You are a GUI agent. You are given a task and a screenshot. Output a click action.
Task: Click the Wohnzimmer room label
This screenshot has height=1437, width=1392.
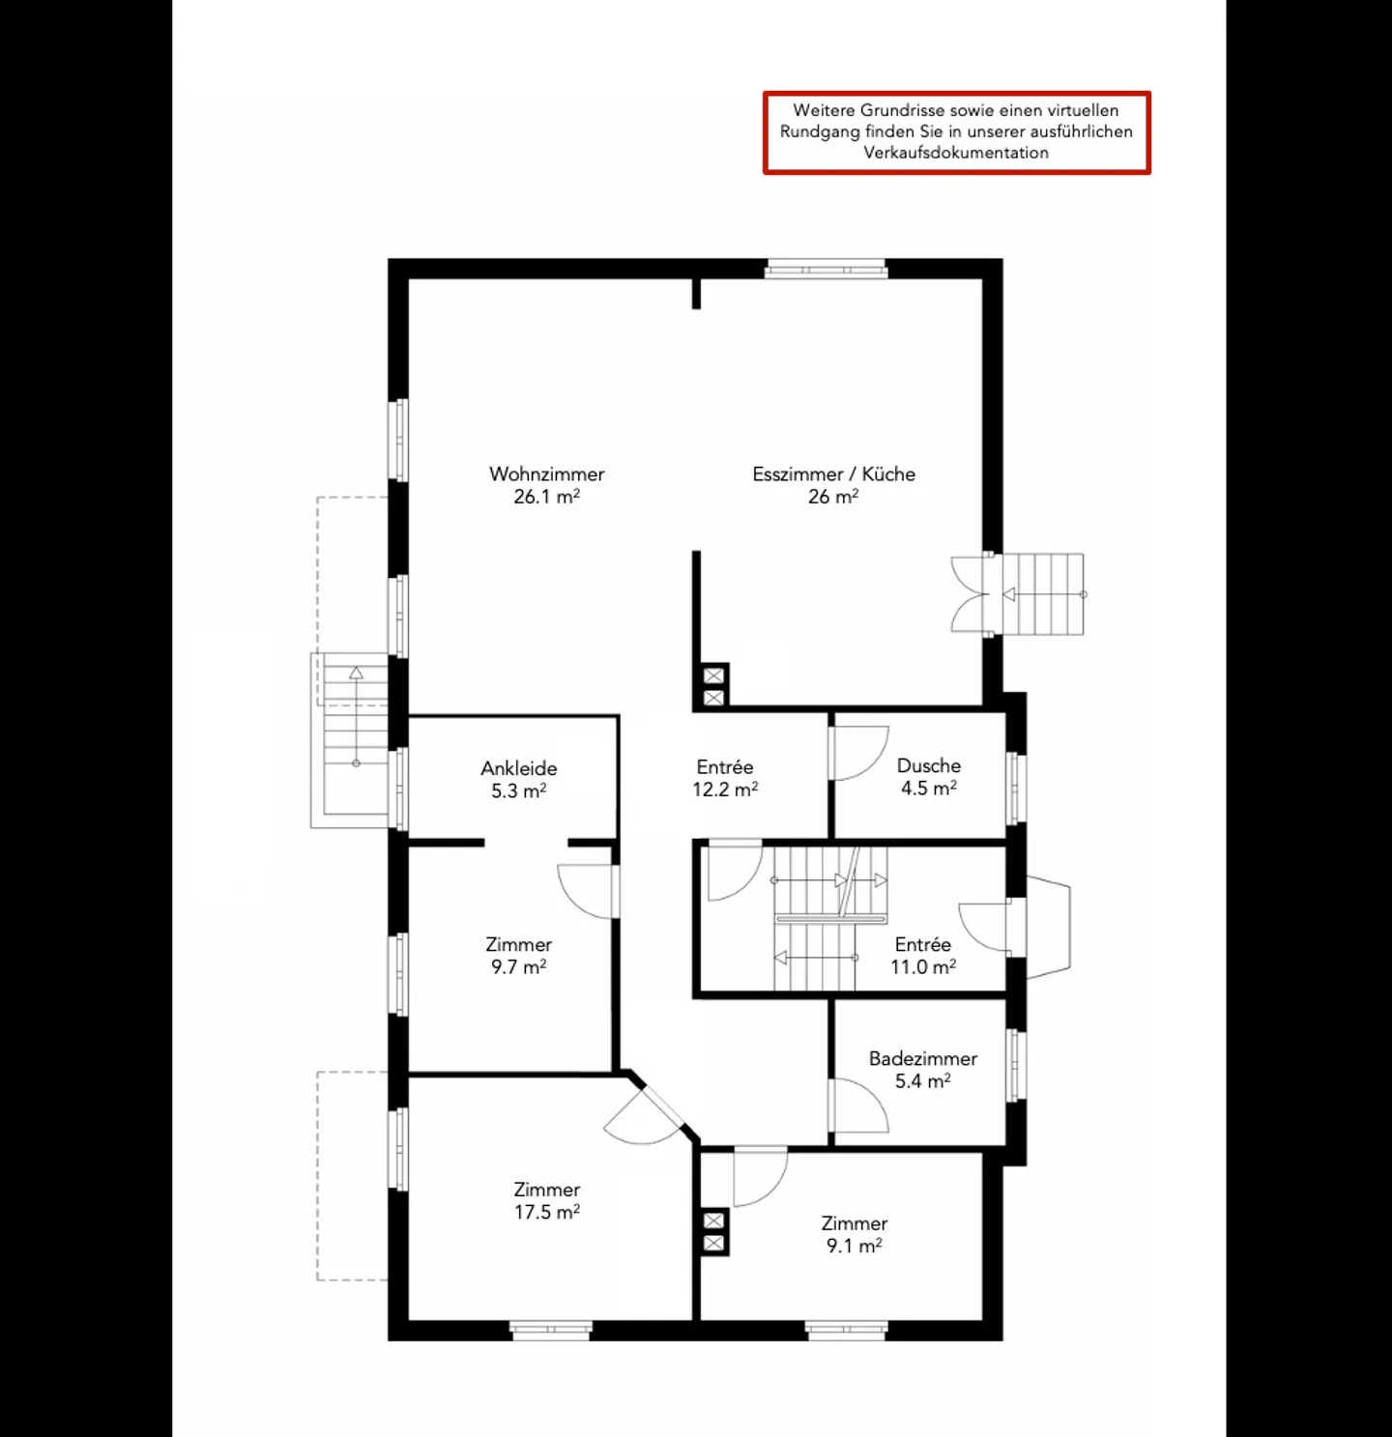(x=546, y=474)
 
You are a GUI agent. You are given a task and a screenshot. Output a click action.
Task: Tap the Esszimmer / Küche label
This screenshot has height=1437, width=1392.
(x=833, y=474)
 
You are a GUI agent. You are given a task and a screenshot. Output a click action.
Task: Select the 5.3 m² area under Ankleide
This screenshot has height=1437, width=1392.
(x=518, y=790)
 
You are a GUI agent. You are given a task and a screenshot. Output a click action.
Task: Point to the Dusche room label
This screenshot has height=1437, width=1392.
(x=928, y=765)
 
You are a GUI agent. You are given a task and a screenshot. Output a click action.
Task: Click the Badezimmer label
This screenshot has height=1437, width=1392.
(x=922, y=1058)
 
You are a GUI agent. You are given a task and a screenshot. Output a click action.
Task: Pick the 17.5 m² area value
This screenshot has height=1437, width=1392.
(x=546, y=1212)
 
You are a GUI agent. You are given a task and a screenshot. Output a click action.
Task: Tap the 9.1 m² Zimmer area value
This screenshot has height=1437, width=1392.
(x=854, y=1246)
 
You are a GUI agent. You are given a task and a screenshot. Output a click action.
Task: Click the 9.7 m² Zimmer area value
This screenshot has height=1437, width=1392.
(x=518, y=966)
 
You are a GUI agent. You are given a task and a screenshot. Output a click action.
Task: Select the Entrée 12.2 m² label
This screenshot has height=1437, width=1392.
(x=724, y=778)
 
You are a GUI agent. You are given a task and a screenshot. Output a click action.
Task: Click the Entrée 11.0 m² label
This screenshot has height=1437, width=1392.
(x=923, y=955)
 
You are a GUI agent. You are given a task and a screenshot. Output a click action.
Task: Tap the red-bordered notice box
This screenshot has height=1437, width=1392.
(x=956, y=132)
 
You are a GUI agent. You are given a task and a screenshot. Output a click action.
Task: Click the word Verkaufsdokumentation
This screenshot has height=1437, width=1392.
(x=955, y=153)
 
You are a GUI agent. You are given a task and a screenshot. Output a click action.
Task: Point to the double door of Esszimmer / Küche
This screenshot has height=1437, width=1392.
(x=971, y=594)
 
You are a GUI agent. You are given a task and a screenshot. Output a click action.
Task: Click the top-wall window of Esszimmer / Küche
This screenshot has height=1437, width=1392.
(x=826, y=269)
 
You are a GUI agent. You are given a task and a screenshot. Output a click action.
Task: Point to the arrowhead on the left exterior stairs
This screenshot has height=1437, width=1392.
(x=356, y=673)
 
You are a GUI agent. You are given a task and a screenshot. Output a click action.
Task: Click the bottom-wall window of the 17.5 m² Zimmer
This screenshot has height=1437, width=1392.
(x=550, y=1331)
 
